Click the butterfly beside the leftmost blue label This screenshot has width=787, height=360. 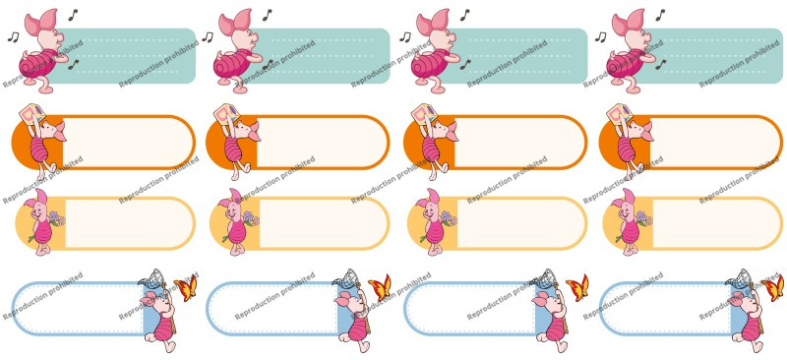tap(186, 287)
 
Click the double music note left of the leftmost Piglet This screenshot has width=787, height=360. tap(13, 36)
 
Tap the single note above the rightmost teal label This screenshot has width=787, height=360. tap(660, 15)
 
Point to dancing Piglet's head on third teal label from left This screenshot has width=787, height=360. tap(435, 30)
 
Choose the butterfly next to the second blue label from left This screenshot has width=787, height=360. tap(380, 287)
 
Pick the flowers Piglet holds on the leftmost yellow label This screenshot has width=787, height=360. tap(56, 219)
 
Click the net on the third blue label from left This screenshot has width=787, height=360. tap(546, 277)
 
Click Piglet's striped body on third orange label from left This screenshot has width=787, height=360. tap(431, 149)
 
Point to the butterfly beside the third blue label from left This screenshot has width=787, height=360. tap(577, 287)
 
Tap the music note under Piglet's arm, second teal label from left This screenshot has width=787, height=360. tap(268, 64)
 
